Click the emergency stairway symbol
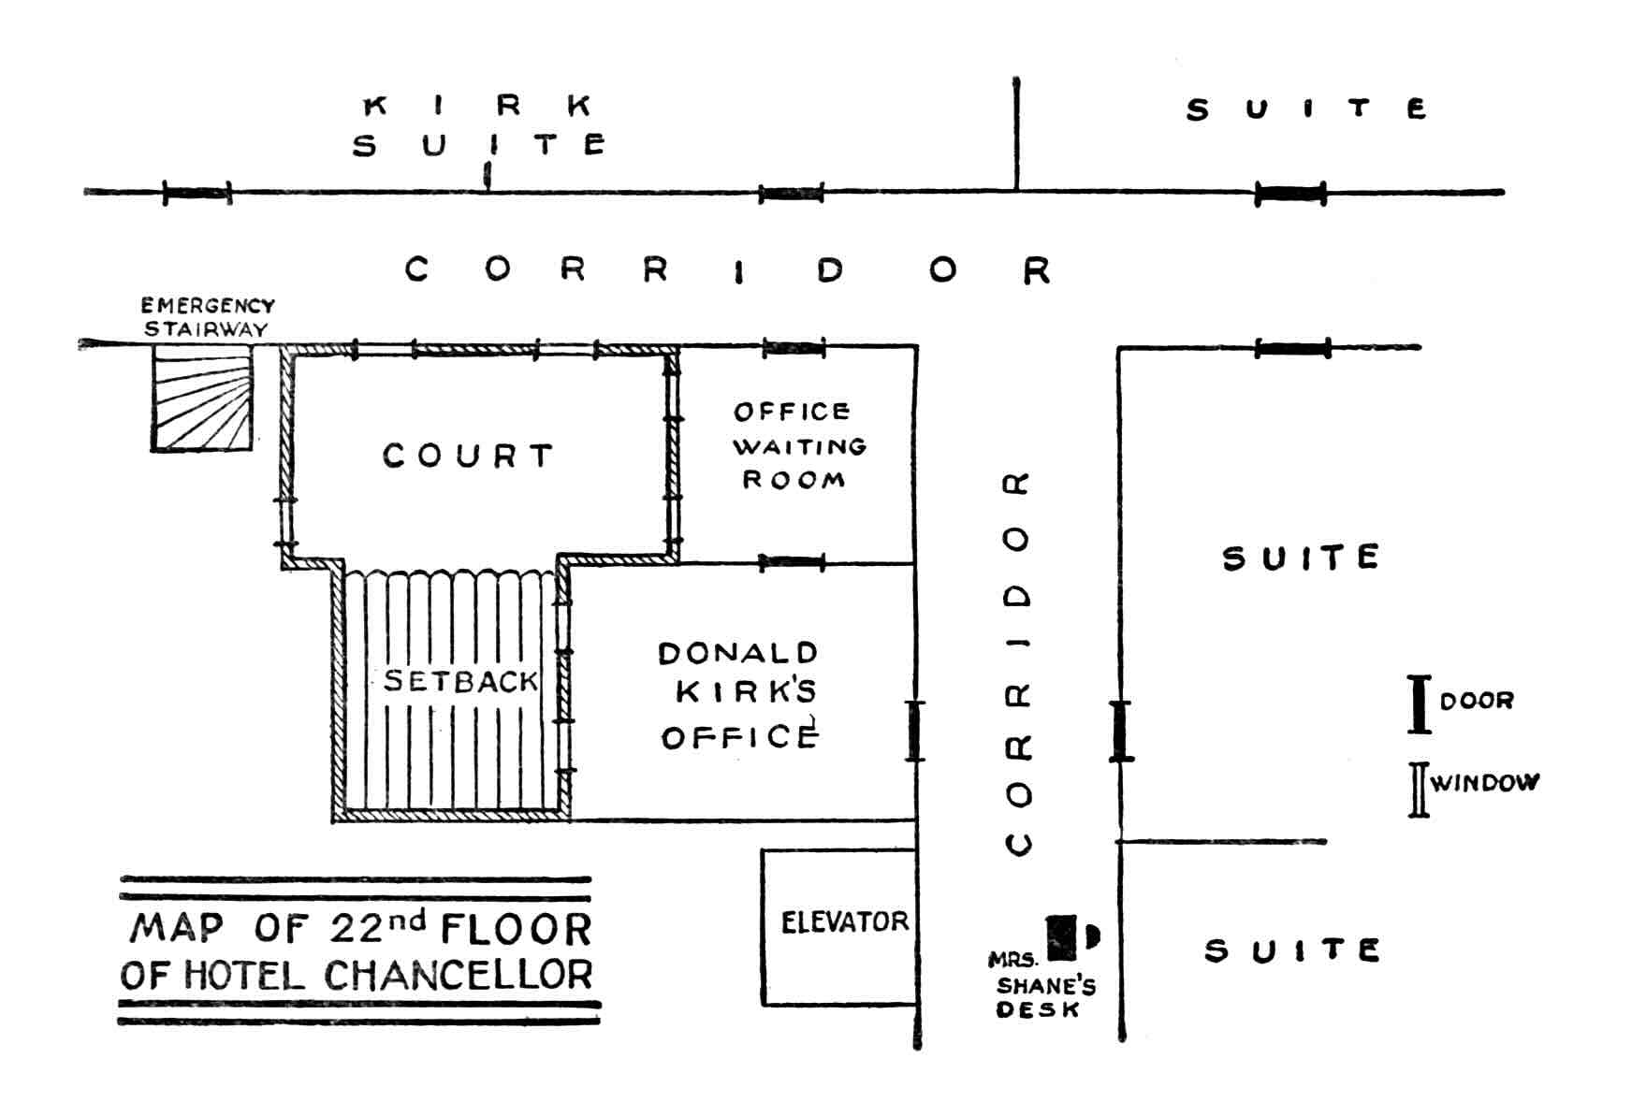coord(202,399)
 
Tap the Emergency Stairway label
coord(207,317)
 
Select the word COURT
coord(468,456)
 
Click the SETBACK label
coord(460,681)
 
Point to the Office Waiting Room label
coord(798,445)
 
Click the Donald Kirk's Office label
coord(738,695)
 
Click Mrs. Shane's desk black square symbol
coord(1061,938)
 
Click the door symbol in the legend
coord(1420,703)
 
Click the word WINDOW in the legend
coord(1485,783)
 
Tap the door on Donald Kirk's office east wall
coord(915,731)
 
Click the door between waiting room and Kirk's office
coord(792,563)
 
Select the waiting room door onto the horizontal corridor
coord(794,349)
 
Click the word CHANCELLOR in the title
coord(459,976)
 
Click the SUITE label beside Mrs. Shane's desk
coord(1291,951)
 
